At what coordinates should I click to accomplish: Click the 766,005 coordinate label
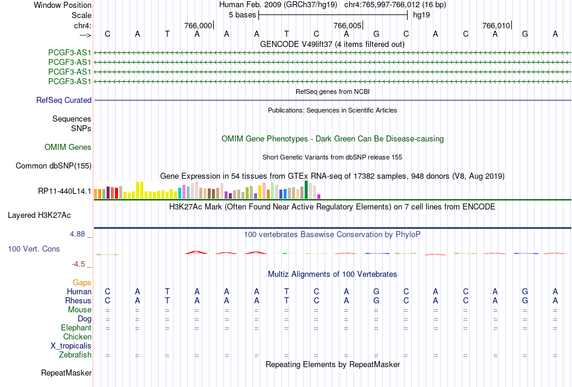pyautogui.click(x=347, y=25)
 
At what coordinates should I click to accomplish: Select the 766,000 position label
pyautogui.click(x=197, y=25)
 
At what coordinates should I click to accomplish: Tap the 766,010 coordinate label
pyautogui.click(x=496, y=25)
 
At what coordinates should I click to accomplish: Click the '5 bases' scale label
pyautogui.click(x=242, y=15)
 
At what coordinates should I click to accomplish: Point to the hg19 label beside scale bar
pyautogui.click(x=421, y=15)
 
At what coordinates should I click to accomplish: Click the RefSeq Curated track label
pyautogui.click(x=64, y=100)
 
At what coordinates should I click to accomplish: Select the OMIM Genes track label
pyautogui.click(x=68, y=147)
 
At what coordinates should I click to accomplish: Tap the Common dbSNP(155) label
pyautogui.click(x=54, y=166)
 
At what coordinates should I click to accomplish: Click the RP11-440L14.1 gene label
pyautogui.click(x=64, y=191)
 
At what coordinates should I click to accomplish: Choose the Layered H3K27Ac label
pyautogui.click(x=39, y=215)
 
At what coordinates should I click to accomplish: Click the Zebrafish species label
pyautogui.click(x=75, y=354)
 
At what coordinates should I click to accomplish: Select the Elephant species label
pyautogui.click(x=76, y=327)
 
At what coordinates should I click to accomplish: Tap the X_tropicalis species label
pyautogui.click(x=71, y=346)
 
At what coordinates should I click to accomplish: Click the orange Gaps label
pyautogui.click(x=82, y=282)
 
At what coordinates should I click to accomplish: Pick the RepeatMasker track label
pyautogui.click(x=66, y=373)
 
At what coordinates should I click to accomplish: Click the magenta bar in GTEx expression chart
pyautogui.click(x=319, y=197)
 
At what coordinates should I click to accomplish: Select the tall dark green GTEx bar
pyautogui.click(x=306, y=190)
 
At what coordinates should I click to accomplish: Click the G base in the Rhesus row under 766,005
pyautogui.click(x=376, y=300)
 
